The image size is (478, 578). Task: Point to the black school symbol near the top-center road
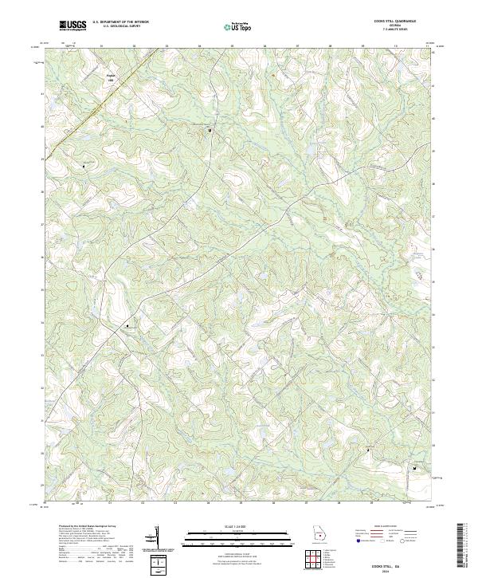210,129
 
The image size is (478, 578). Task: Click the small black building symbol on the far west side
84,166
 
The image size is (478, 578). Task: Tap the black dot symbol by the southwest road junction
126,325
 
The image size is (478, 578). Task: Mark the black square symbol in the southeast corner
414,467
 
